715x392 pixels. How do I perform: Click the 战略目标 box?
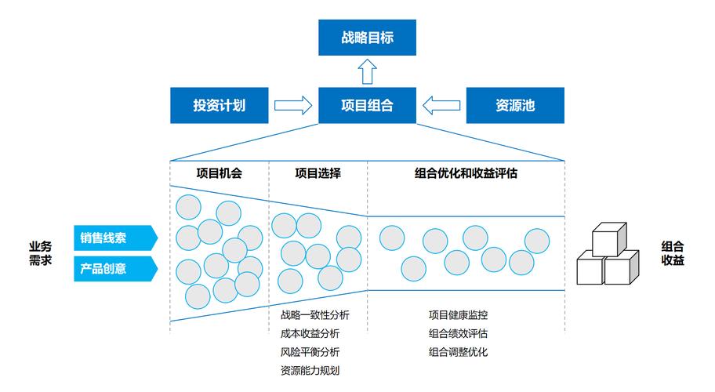(x=367, y=38)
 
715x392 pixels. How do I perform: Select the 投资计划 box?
(x=220, y=105)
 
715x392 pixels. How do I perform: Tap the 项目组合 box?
(x=367, y=105)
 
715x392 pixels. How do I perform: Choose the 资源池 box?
(x=515, y=105)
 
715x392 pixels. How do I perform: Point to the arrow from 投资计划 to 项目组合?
(x=293, y=105)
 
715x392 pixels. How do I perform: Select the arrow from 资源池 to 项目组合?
(x=441, y=105)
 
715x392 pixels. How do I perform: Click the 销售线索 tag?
(x=114, y=237)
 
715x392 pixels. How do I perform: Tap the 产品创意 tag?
(x=114, y=268)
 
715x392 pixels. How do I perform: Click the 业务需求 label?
(x=40, y=252)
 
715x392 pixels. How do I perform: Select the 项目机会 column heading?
(x=219, y=173)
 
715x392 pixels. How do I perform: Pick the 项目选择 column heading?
(x=318, y=173)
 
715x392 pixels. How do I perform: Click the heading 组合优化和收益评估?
(x=466, y=173)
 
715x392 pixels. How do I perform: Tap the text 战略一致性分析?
(x=314, y=315)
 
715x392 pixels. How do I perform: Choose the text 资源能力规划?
(x=310, y=370)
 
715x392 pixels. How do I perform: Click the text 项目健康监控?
(x=458, y=315)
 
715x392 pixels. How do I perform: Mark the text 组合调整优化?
(x=458, y=351)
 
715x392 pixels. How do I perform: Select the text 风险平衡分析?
(x=310, y=352)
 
